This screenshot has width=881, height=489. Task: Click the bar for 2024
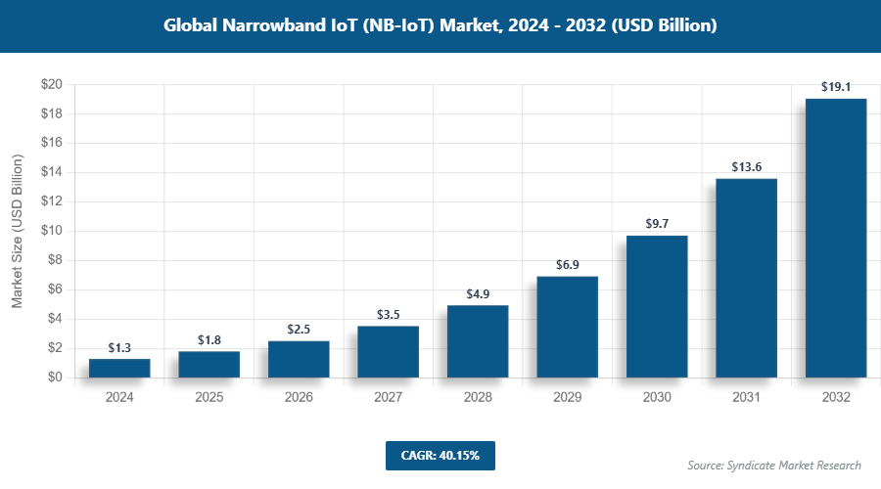[119, 368]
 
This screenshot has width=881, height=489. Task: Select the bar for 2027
[388, 352]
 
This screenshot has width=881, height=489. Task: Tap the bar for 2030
[657, 306]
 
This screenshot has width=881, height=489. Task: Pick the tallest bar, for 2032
[836, 238]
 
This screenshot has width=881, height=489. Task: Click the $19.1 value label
[836, 86]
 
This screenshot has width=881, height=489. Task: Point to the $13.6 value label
[746, 167]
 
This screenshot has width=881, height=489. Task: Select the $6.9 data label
[567, 265]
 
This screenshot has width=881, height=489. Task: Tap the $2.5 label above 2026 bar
[299, 330]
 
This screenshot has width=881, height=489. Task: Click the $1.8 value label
[209, 339]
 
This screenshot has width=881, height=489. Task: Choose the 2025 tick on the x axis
[209, 397]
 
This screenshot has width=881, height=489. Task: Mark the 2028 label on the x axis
[478, 397]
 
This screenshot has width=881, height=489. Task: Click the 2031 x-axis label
[746, 397]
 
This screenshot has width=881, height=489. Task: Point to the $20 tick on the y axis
[52, 85]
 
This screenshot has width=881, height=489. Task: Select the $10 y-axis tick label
[52, 231]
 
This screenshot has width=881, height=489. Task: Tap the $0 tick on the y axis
[55, 378]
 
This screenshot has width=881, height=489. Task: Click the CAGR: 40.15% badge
[440, 455]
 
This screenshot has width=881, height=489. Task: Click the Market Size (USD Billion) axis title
[17, 231]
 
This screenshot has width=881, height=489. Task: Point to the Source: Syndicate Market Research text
[774, 465]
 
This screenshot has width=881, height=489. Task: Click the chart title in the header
[440, 25]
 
